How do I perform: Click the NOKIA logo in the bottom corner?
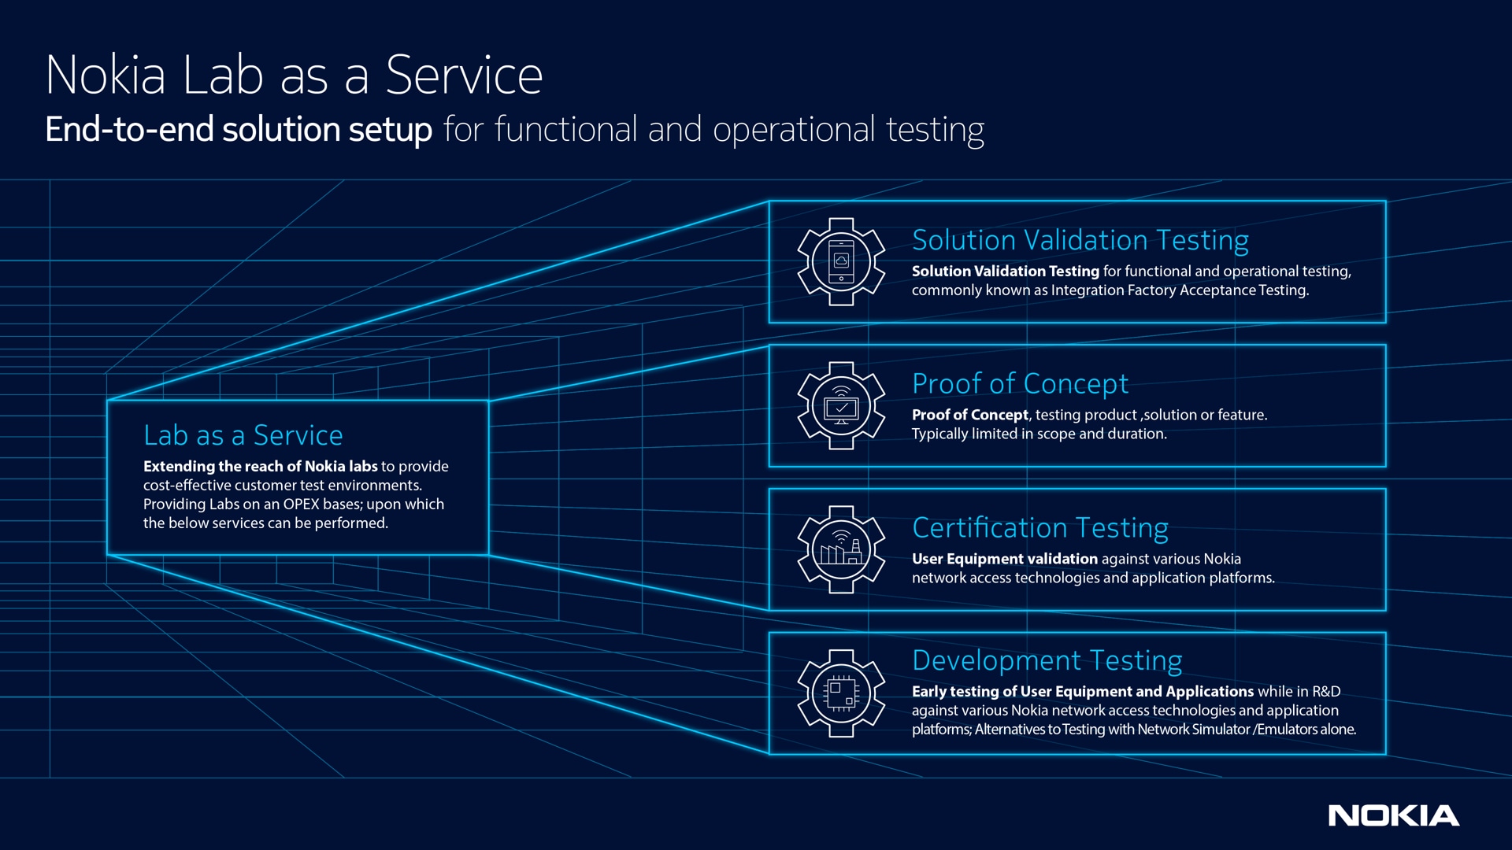coord(1393,815)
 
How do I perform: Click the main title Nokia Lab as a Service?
coord(294,76)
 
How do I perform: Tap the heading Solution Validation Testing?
coord(1080,240)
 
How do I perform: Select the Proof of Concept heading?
coord(1020,384)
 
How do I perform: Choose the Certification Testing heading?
coord(1039,528)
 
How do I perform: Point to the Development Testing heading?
coord(1047,660)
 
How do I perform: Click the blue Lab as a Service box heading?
coord(243,435)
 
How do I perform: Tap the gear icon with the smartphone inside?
coord(841,262)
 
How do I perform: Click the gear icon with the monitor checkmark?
coord(841,406)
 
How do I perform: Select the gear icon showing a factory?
coord(841,549)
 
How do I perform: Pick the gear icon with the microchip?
coord(841,693)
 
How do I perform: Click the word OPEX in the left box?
coord(301,504)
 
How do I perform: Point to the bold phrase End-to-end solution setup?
coord(238,130)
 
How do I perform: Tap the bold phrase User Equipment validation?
coord(1004,559)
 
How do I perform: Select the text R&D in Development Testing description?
coord(1325,692)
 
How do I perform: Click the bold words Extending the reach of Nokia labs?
coord(260,467)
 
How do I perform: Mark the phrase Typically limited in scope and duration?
coord(1039,434)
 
